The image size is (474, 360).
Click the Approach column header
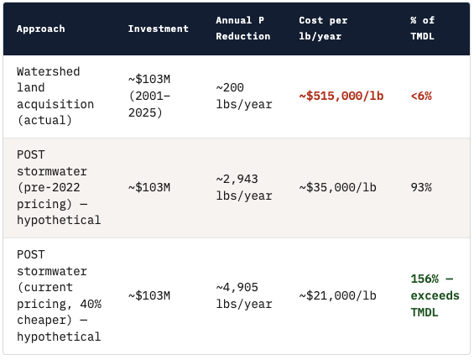40,29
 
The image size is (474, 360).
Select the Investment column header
158,29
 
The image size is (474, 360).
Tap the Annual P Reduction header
243,29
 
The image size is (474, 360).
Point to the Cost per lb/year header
323,29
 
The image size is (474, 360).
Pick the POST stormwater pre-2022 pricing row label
59,187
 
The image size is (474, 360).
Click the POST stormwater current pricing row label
59,295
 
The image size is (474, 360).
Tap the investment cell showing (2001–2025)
149,97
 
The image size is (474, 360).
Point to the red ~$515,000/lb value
341,97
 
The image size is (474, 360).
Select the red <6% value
421,97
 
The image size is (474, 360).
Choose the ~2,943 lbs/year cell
243,187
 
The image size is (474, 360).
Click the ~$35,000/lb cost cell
338,187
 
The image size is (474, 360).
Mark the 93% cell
421,187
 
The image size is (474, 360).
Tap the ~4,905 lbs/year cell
243,295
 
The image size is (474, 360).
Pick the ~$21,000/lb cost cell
338,295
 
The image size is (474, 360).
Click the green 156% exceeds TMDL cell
435,295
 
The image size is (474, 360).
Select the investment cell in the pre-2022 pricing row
149,187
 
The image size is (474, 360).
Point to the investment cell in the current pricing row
149,295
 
